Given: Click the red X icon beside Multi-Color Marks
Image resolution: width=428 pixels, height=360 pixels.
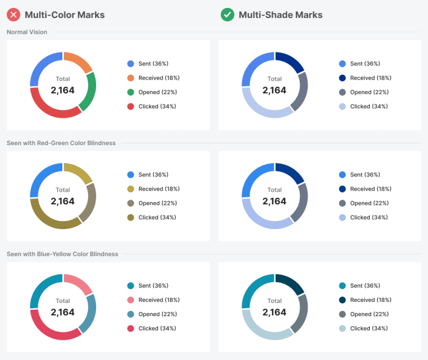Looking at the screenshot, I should point(14,15).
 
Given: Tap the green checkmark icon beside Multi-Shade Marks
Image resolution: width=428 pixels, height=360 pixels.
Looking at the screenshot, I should point(227,15).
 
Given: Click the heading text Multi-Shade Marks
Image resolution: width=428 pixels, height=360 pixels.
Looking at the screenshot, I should point(280,15).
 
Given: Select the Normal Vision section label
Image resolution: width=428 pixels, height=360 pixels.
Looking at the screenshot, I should point(27,32).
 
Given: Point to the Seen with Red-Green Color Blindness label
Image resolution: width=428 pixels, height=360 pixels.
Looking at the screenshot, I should point(61,143).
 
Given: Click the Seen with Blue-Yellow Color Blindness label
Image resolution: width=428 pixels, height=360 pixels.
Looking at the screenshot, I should point(62,254).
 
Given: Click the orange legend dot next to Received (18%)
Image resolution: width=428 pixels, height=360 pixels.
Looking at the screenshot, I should point(131,78).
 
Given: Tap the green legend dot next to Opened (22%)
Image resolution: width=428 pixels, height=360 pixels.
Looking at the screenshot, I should point(131,92).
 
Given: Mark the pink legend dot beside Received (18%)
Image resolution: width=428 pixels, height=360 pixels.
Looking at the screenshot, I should point(131,300).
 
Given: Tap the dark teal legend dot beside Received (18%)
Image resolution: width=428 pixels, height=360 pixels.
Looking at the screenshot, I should point(342,300).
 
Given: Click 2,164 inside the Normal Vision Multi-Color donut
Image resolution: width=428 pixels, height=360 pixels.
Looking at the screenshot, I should point(63,90).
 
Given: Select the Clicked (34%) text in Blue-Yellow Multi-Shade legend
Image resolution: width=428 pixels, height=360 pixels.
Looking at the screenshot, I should point(369,328).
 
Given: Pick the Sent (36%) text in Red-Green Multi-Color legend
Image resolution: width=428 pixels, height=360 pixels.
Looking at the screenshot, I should point(153,175).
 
